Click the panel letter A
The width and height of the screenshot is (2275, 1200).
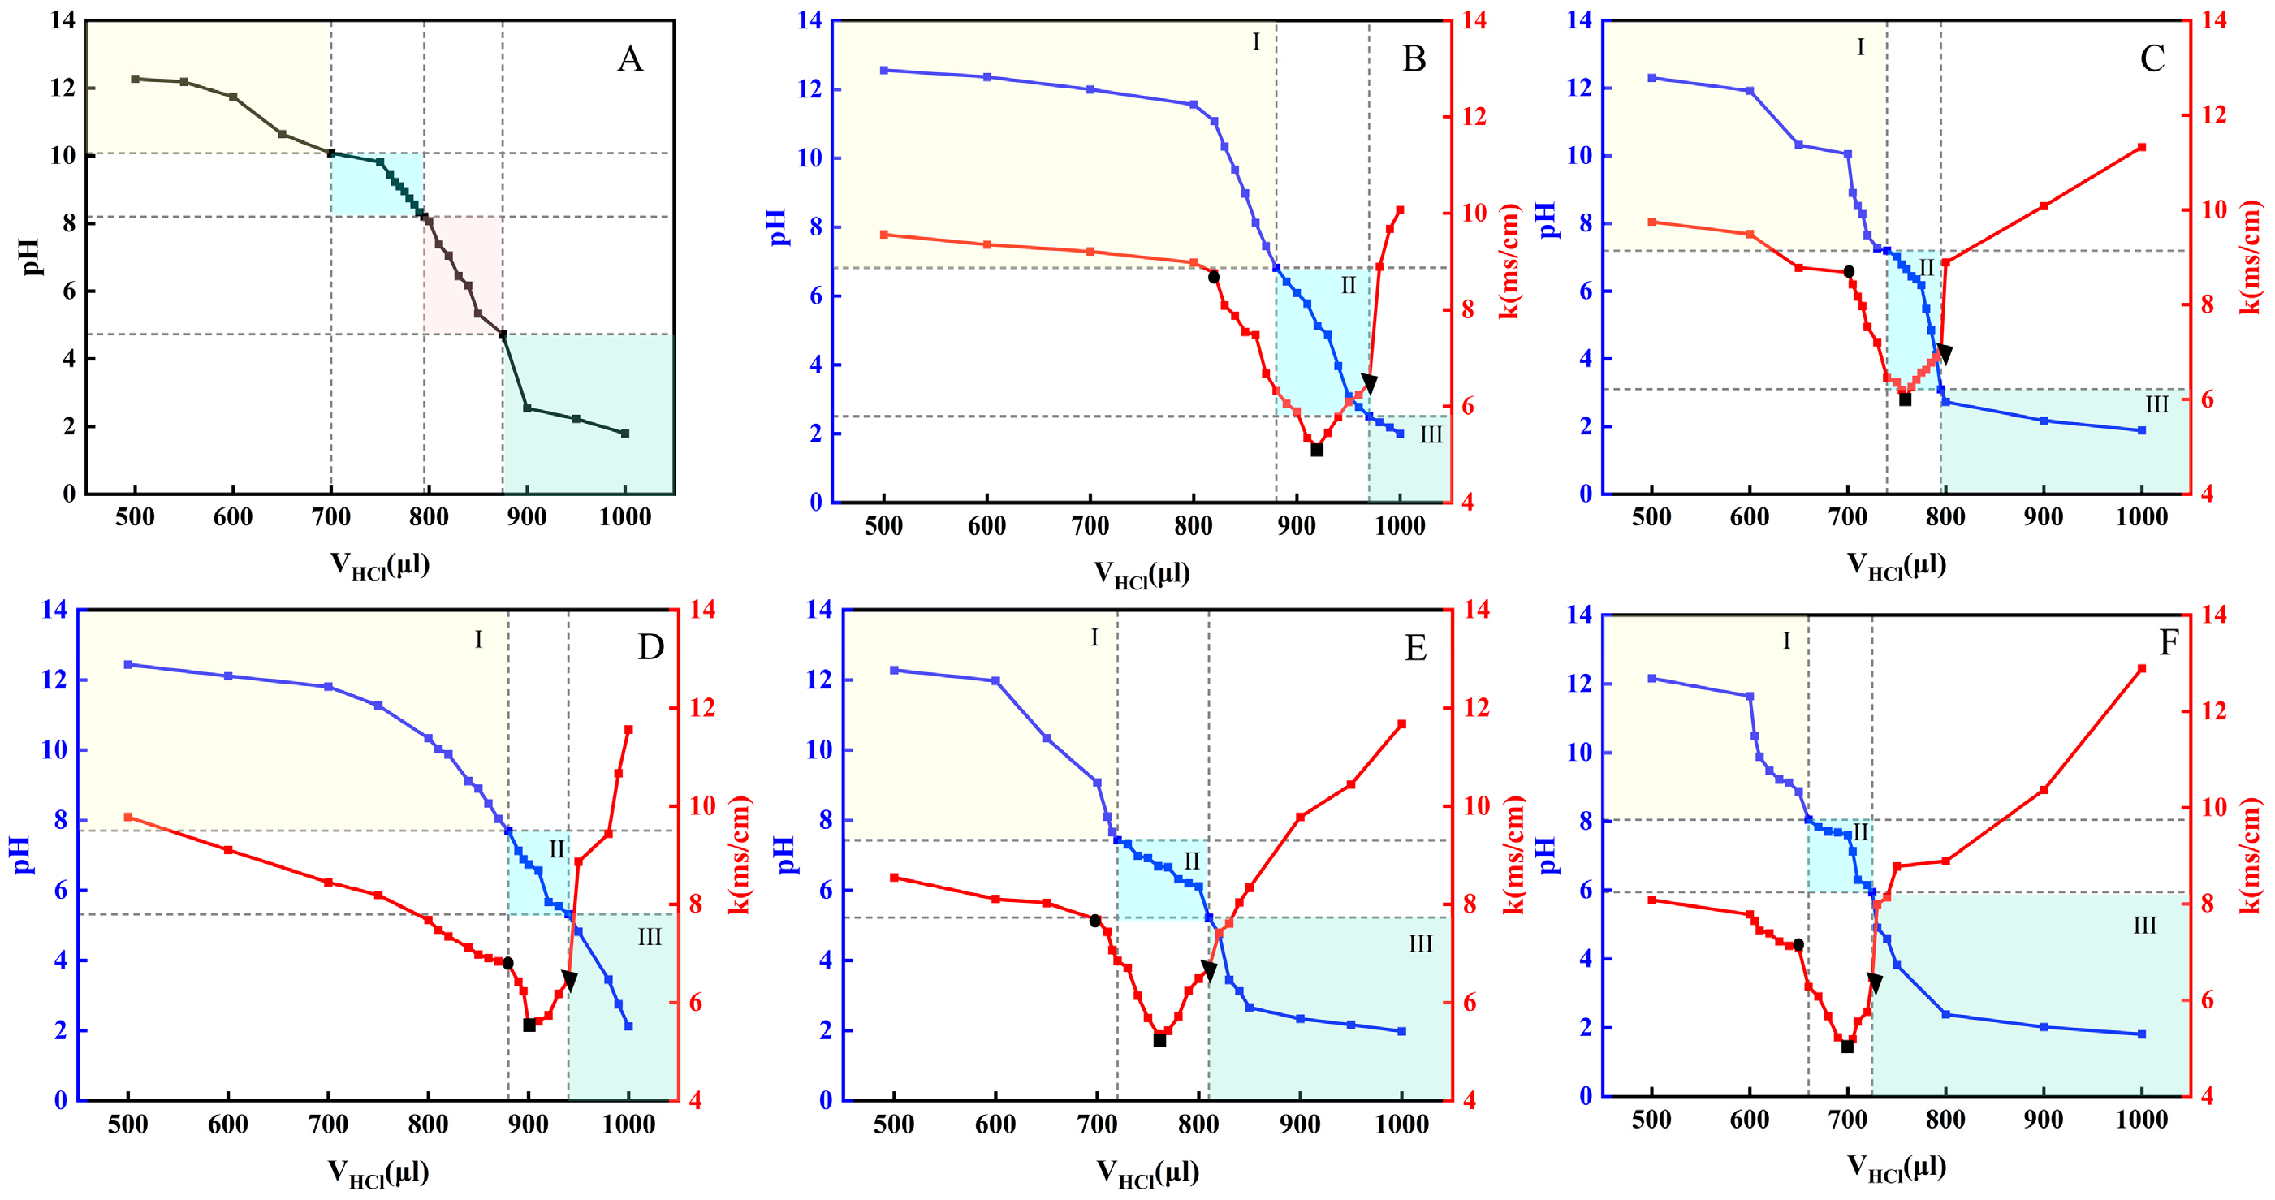click(630, 59)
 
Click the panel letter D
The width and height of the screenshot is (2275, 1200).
click(651, 647)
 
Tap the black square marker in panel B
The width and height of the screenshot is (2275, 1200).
click(1317, 451)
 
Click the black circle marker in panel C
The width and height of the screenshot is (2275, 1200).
click(1849, 272)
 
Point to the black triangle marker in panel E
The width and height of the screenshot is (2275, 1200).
click(1209, 971)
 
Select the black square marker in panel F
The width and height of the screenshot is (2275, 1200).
click(1846, 1047)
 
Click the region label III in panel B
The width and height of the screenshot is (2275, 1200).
click(1431, 434)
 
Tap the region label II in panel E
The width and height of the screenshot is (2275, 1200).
click(1191, 861)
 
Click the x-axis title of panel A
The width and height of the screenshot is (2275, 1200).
click(380, 565)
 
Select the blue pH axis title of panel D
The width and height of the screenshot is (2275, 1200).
click(22, 855)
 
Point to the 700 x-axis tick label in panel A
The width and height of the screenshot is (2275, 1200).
click(331, 517)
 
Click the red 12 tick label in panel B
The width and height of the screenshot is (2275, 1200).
click(1472, 117)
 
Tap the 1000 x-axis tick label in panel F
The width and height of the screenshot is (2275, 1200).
click(2141, 1120)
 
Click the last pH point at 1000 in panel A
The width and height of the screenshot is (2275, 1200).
click(625, 434)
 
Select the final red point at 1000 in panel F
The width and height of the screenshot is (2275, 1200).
click(2141, 668)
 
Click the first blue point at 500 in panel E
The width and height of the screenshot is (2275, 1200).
click(894, 670)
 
